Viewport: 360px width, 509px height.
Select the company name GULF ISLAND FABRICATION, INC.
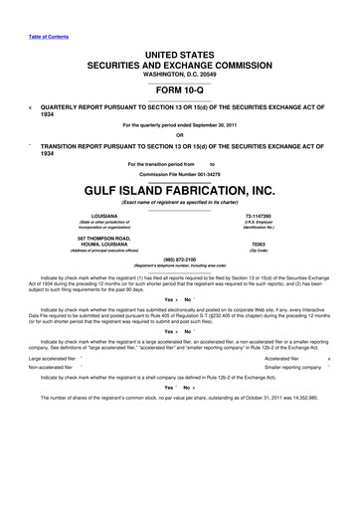click(x=180, y=191)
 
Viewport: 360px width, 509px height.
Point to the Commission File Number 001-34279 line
click(x=179, y=174)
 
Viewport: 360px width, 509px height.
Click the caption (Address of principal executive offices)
click(x=100, y=252)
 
